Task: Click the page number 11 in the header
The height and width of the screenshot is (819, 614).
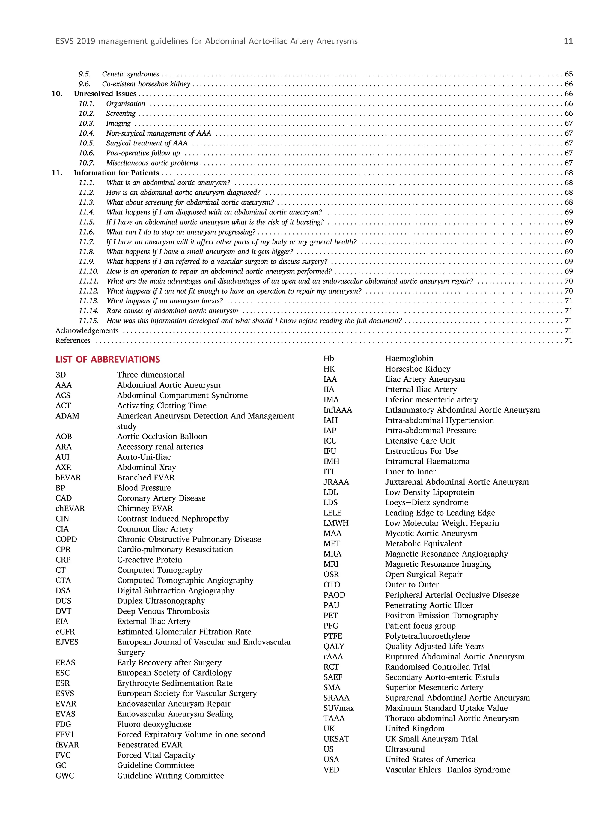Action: tap(568, 41)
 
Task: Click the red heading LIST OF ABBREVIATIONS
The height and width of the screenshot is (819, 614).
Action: tap(108, 359)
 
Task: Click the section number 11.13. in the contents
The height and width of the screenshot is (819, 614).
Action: tap(88, 301)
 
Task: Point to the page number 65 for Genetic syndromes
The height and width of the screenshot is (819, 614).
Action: tap(568, 74)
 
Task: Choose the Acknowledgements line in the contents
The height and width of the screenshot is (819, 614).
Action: tap(87, 331)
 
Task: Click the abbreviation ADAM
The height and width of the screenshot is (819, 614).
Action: tap(67, 416)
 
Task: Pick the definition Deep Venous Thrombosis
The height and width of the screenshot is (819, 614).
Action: tap(163, 611)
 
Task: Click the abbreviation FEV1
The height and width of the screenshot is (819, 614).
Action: tap(65, 735)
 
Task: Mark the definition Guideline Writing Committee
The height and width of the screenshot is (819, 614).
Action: tap(170, 776)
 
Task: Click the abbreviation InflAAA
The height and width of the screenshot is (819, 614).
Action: tap(338, 410)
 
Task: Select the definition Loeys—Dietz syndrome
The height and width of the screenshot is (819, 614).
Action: tap(426, 502)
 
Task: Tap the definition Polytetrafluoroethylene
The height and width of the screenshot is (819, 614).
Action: tap(427, 636)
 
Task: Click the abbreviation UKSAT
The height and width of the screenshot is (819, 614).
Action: tap(336, 739)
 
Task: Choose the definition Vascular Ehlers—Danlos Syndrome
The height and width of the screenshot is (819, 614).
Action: tap(447, 770)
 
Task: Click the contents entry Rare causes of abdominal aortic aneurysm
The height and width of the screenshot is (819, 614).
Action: tap(172, 311)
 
